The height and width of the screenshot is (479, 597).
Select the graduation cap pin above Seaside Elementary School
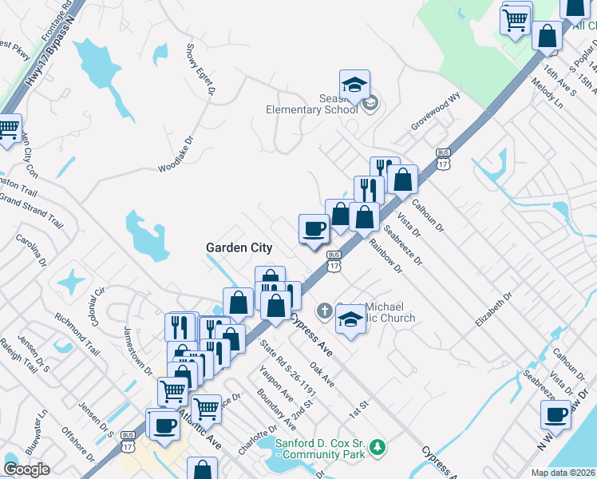(x=354, y=84)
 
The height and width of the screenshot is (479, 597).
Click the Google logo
(x=26, y=469)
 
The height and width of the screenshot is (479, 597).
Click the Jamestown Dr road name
(x=138, y=350)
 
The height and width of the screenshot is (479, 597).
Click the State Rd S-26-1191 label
(x=288, y=368)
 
